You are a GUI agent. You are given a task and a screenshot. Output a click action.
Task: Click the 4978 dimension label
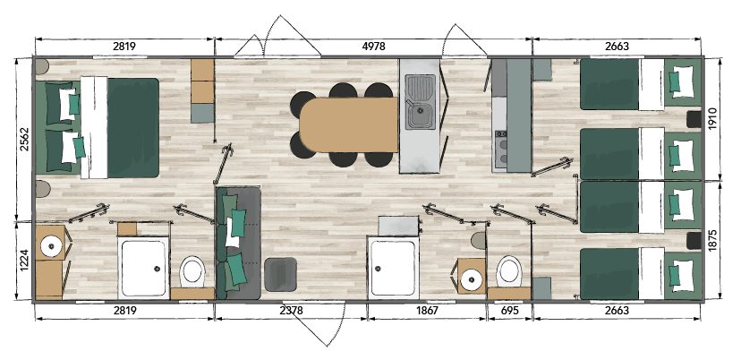coord(373,47)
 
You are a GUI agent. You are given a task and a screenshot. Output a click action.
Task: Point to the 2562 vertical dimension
coord(25,139)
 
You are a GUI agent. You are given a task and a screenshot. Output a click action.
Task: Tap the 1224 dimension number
coord(25,261)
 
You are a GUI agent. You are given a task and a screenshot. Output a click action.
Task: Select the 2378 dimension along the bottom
coord(291,311)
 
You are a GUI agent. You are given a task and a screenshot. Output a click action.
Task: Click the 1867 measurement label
coord(427,311)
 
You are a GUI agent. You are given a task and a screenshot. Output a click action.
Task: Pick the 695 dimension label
coord(509,311)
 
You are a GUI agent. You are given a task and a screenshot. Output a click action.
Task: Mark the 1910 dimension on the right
coord(713,119)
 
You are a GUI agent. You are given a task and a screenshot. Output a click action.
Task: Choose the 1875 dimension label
coord(713,241)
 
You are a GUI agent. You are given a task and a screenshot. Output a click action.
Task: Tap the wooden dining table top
coord(349,124)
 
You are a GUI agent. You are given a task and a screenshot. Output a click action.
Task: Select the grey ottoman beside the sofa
coord(281,274)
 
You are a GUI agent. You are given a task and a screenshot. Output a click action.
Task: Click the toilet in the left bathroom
coord(192,271)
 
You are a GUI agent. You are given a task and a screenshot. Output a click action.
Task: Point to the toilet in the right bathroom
coord(509,271)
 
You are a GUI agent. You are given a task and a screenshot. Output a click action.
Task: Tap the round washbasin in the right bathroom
coord(471,279)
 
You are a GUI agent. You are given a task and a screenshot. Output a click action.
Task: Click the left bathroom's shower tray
coord(143,268)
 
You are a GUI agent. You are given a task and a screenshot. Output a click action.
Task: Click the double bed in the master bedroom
coord(98,128)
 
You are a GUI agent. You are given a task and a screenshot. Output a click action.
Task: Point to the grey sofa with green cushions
coord(238,243)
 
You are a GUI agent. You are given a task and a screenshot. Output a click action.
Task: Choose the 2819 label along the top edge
coord(124,47)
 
